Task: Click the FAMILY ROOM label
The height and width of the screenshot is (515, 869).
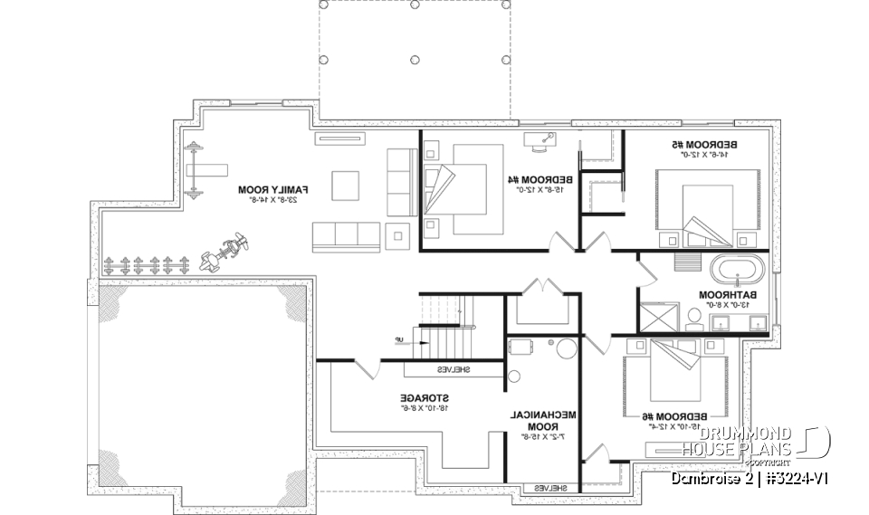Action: tap(273, 190)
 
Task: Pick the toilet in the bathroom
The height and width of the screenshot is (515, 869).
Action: tap(693, 316)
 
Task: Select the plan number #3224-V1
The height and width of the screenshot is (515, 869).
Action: tap(796, 477)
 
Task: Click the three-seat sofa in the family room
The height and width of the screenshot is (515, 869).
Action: tap(348, 237)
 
